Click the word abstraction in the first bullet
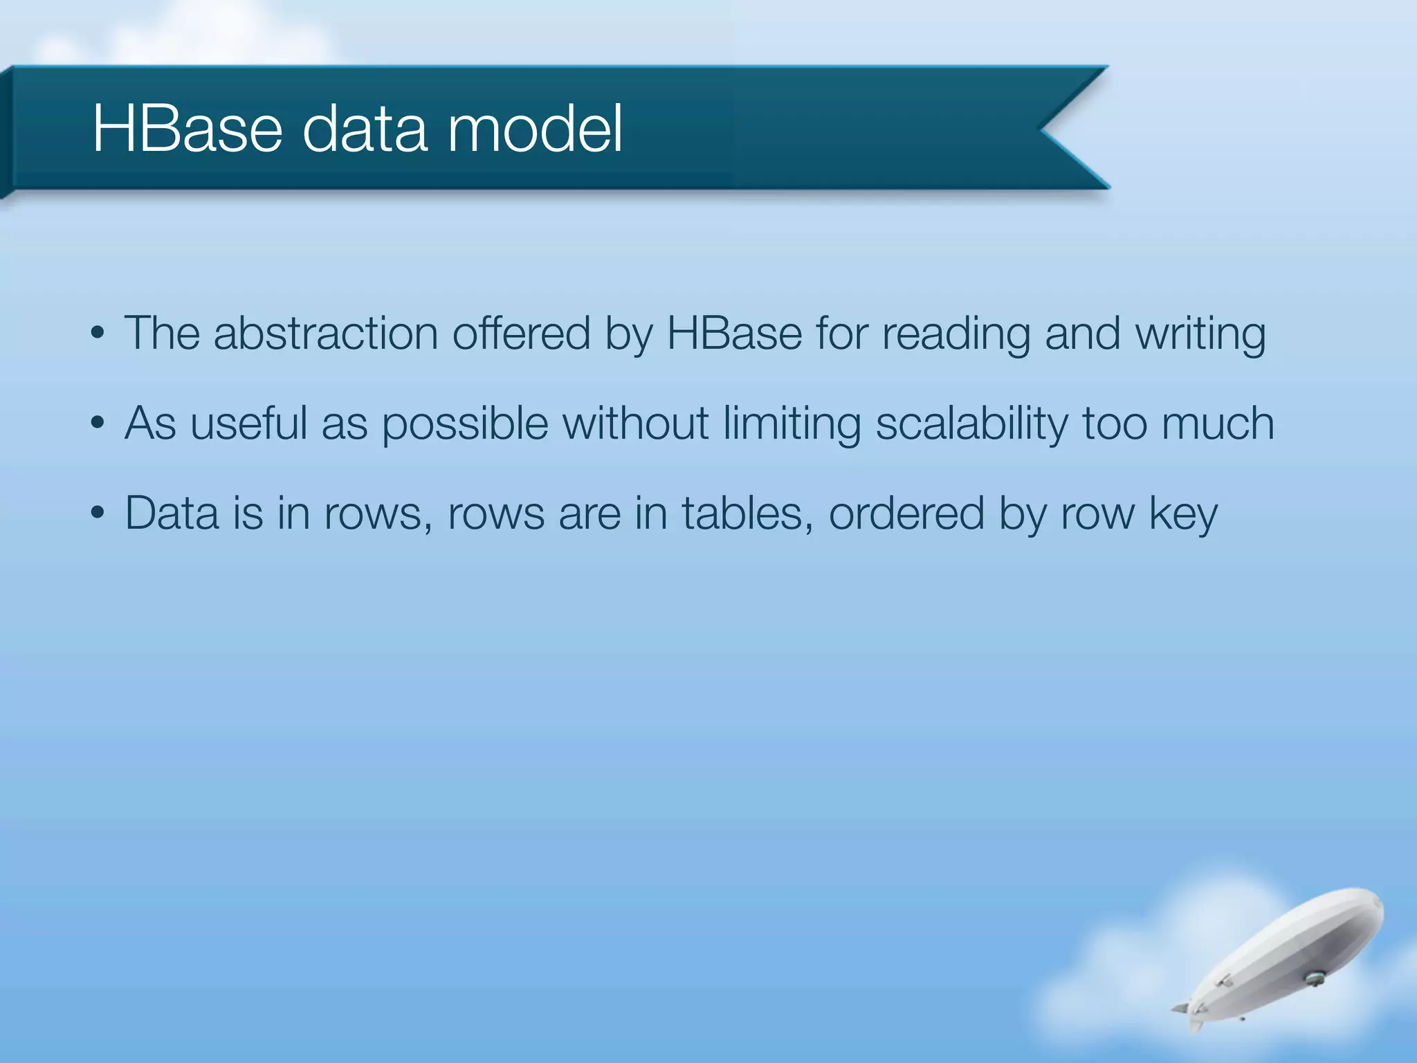coord(325,334)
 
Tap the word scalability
coord(971,424)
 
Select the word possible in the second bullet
coord(465,424)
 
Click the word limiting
coord(792,424)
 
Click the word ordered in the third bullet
coord(906,514)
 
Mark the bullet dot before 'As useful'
coord(98,424)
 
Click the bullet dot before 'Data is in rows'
coord(98,514)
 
